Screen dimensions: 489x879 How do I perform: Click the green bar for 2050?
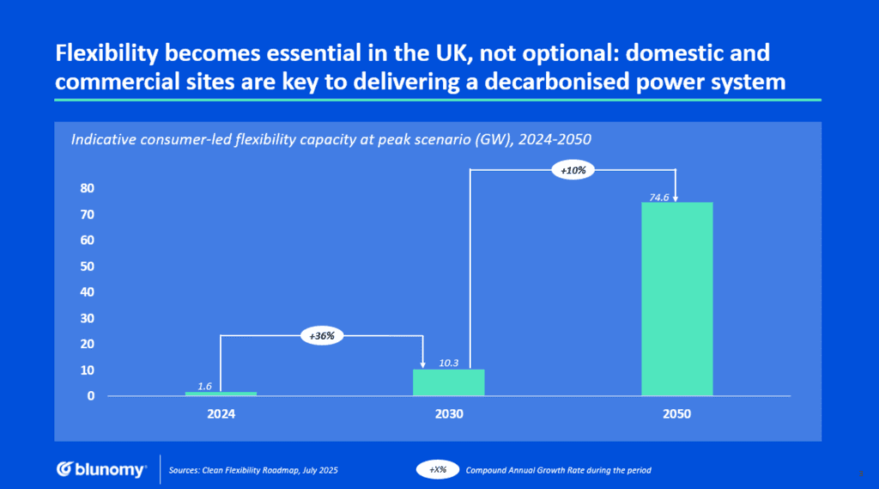tap(676, 299)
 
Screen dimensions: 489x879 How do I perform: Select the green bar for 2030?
tap(448, 382)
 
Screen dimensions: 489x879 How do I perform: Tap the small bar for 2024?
tap(221, 394)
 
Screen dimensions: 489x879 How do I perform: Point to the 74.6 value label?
tap(660, 196)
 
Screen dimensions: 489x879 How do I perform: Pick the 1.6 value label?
tap(205, 386)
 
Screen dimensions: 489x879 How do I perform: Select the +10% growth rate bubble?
tap(573, 171)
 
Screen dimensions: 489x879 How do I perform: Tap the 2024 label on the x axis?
tap(221, 414)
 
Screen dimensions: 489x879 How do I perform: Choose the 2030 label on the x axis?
tap(448, 414)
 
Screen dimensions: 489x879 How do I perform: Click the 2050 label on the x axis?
tap(676, 414)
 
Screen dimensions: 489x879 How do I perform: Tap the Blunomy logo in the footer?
tap(101, 469)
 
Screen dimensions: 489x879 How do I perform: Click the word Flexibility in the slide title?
tap(111, 53)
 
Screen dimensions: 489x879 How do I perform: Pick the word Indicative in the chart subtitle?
tap(102, 140)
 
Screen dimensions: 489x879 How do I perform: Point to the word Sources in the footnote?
tap(185, 469)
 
